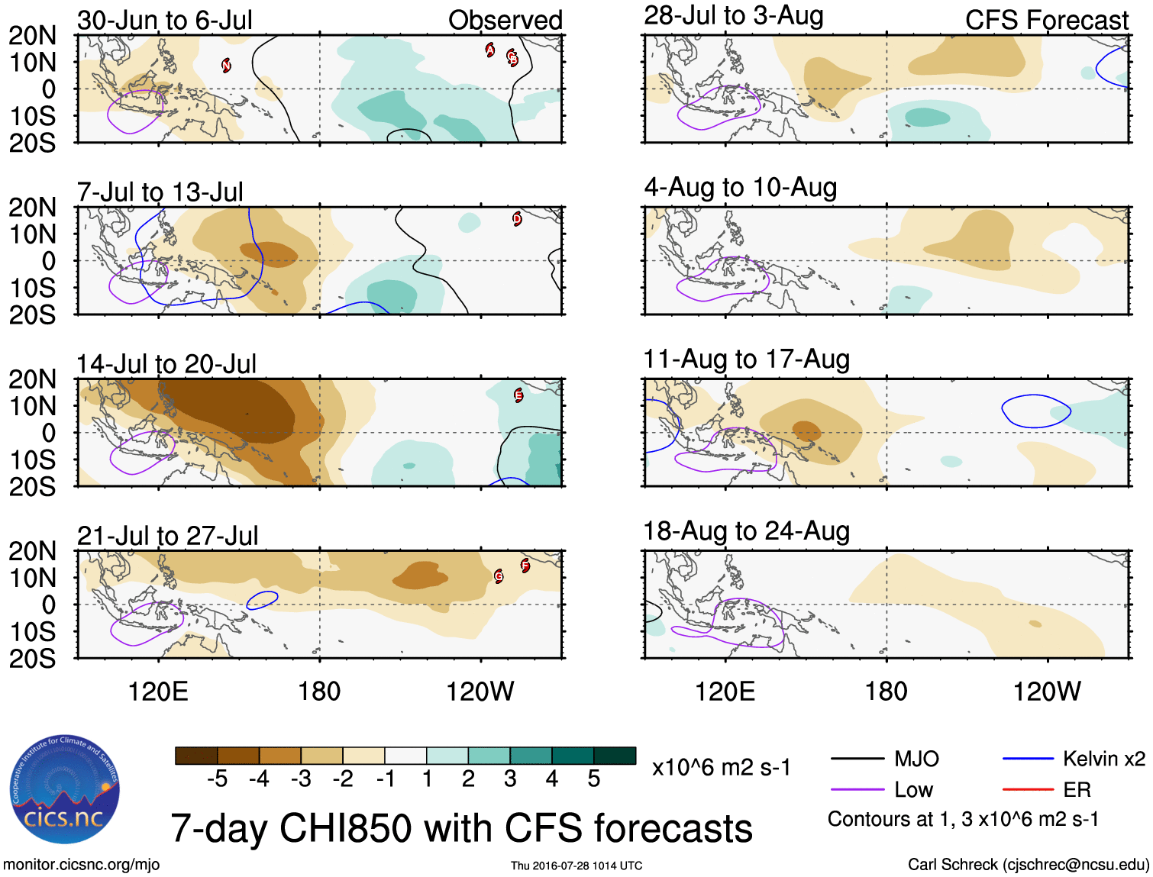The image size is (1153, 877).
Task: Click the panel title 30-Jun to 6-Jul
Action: (x=164, y=21)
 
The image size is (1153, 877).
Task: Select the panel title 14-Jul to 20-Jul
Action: (x=166, y=364)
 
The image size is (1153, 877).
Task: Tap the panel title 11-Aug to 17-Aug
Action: (x=746, y=359)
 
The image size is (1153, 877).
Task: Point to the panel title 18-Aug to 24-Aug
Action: (x=746, y=531)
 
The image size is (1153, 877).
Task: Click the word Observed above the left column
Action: (x=505, y=21)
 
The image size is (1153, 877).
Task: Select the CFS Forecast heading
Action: (x=1046, y=21)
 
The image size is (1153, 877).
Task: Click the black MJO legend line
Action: (x=857, y=759)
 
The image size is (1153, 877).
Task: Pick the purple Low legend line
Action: (x=857, y=789)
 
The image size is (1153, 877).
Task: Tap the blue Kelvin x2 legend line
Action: (x=1028, y=759)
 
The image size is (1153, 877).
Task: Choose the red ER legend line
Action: (x=1028, y=789)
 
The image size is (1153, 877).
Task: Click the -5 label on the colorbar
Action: (x=217, y=779)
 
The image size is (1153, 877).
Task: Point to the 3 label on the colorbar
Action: (x=510, y=779)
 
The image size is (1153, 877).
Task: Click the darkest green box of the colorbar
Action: (x=615, y=756)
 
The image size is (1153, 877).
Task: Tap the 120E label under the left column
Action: (x=158, y=692)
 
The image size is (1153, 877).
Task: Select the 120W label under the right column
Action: (x=1046, y=692)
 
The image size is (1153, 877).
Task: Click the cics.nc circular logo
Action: (x=65, y=789)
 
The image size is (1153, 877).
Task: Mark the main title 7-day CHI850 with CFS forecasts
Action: (x=461, y=828)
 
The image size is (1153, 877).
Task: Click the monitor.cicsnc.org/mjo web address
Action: (x=82, y=865)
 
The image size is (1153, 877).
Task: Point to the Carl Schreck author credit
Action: (x=1028, y=865)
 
